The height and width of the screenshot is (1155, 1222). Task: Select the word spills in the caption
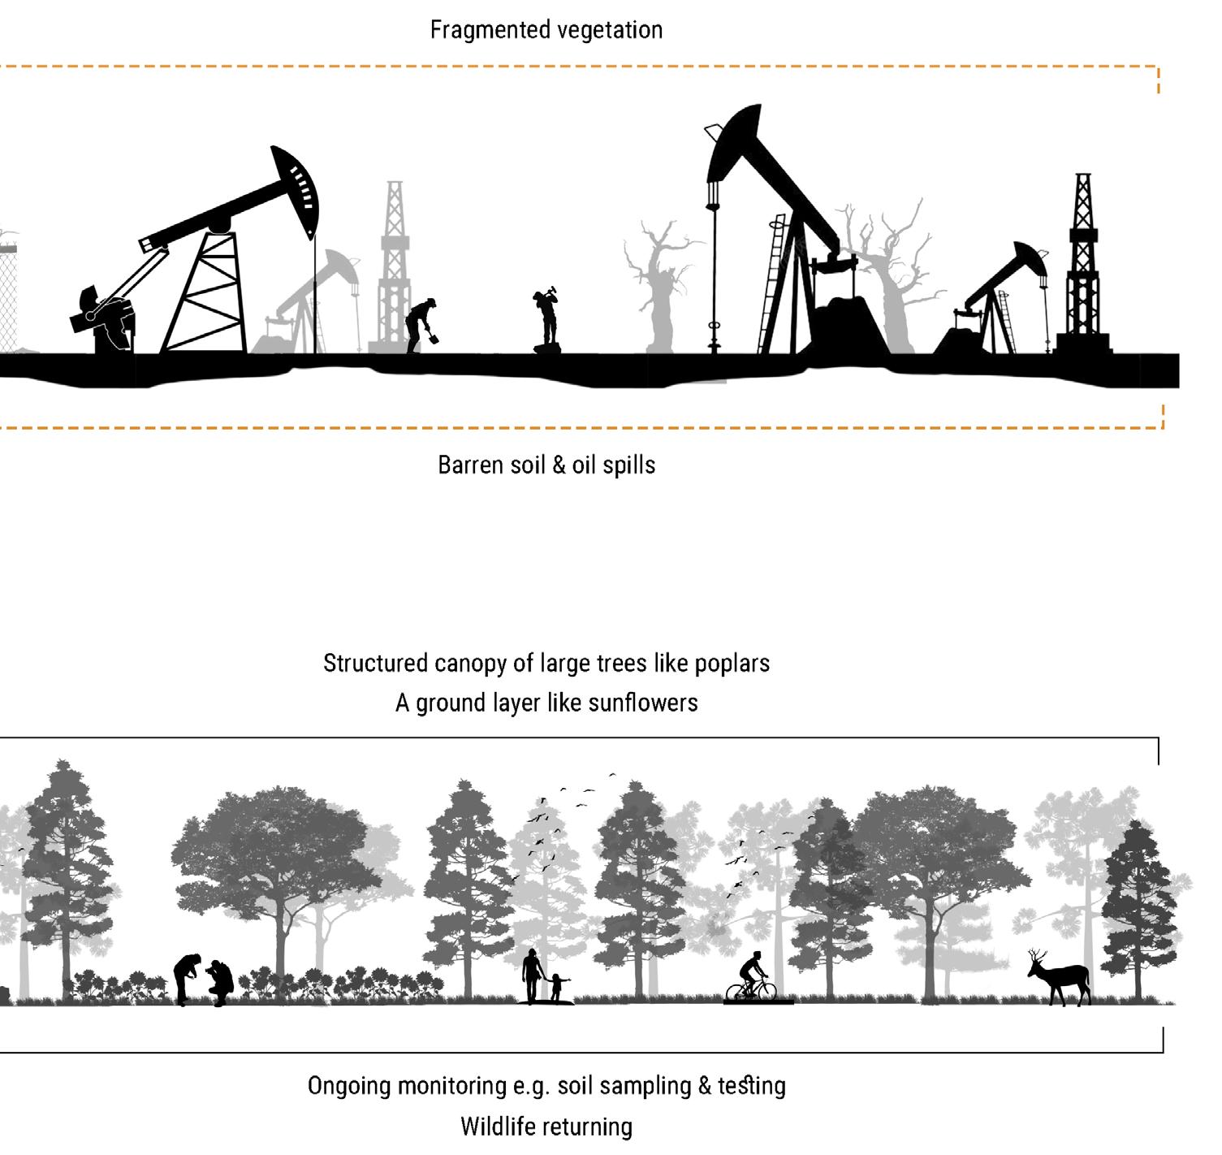[628, 465]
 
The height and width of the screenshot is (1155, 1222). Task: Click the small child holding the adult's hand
[557, 986]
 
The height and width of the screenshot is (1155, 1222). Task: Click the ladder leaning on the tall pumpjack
[773, 284]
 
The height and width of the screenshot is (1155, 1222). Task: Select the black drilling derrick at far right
[1082, 268]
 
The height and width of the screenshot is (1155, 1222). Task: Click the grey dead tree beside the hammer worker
[659, 284]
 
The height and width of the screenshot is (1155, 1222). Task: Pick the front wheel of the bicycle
[765, 993]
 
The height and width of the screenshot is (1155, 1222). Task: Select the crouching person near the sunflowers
[219, 982]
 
